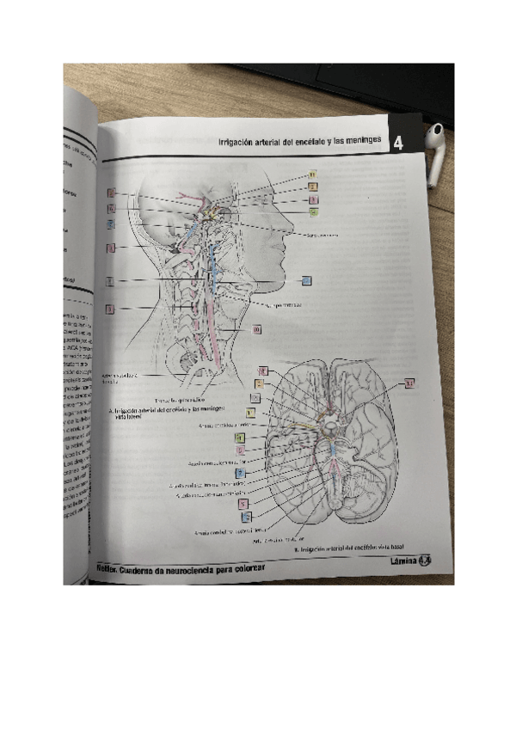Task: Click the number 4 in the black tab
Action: tap(398, 144)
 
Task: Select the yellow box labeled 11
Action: tap(314, 175)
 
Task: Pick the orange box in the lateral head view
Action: tap(314, 187)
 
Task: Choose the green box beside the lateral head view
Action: tap(314, 211)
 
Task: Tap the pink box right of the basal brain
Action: tap(410, 383)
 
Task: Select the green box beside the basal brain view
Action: tap(241, 437)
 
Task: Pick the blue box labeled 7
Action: tap(241, 473)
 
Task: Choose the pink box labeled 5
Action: tap(244, 504)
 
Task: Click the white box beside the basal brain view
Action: tap(255, 397)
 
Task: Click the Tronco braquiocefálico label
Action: tap(181, 401)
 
